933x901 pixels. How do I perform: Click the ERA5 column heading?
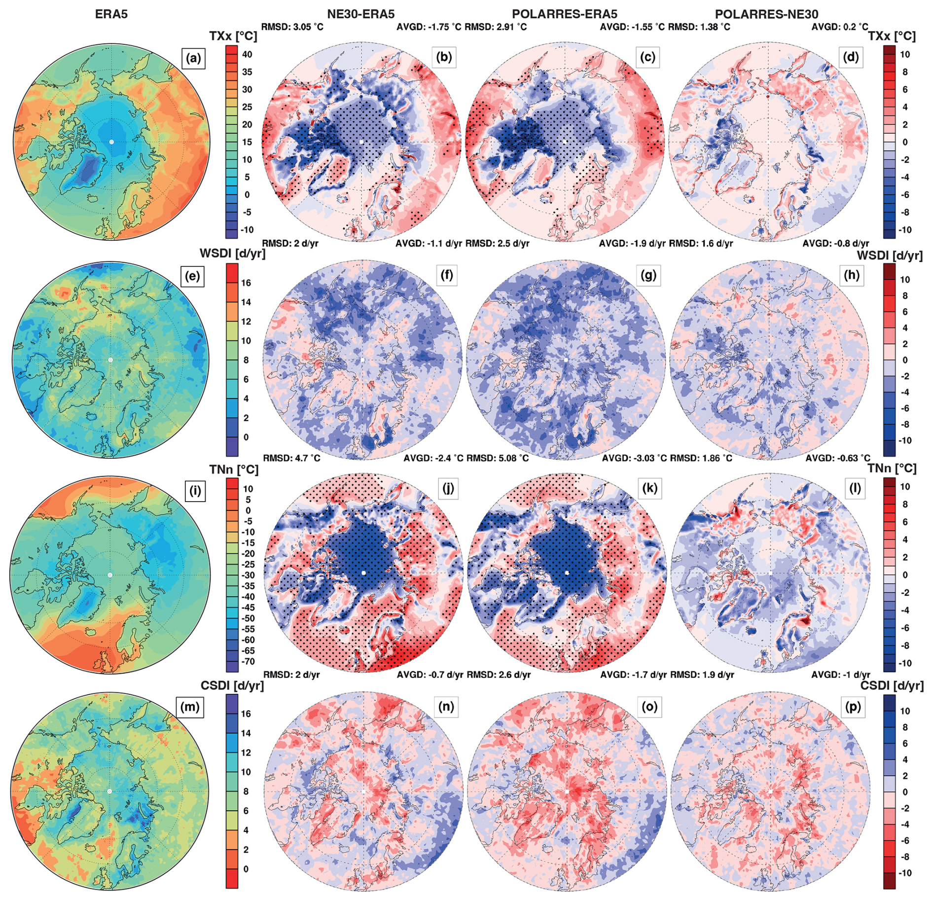[111, 14]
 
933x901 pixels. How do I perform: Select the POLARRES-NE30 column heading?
[766, 14]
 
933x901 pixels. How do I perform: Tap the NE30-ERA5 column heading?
[360, 14]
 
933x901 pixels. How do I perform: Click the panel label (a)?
[193, 59]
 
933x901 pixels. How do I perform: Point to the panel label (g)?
[648, 275]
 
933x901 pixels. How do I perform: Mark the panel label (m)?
[190, 707]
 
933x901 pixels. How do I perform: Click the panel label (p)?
[853, 707]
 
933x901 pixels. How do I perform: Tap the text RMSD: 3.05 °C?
[292, 27]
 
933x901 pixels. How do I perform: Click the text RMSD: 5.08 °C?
[497, 458]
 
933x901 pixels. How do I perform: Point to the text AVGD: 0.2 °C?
[839, 27]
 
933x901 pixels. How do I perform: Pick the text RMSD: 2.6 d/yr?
[499, 675]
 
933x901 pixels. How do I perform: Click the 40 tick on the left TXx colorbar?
[247, 55]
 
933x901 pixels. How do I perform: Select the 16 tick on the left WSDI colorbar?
[246, 283]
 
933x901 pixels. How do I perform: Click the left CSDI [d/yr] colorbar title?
[232, 686]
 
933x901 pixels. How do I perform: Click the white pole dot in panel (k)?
[567, 573]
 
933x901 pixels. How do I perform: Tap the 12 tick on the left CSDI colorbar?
[246, 753]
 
